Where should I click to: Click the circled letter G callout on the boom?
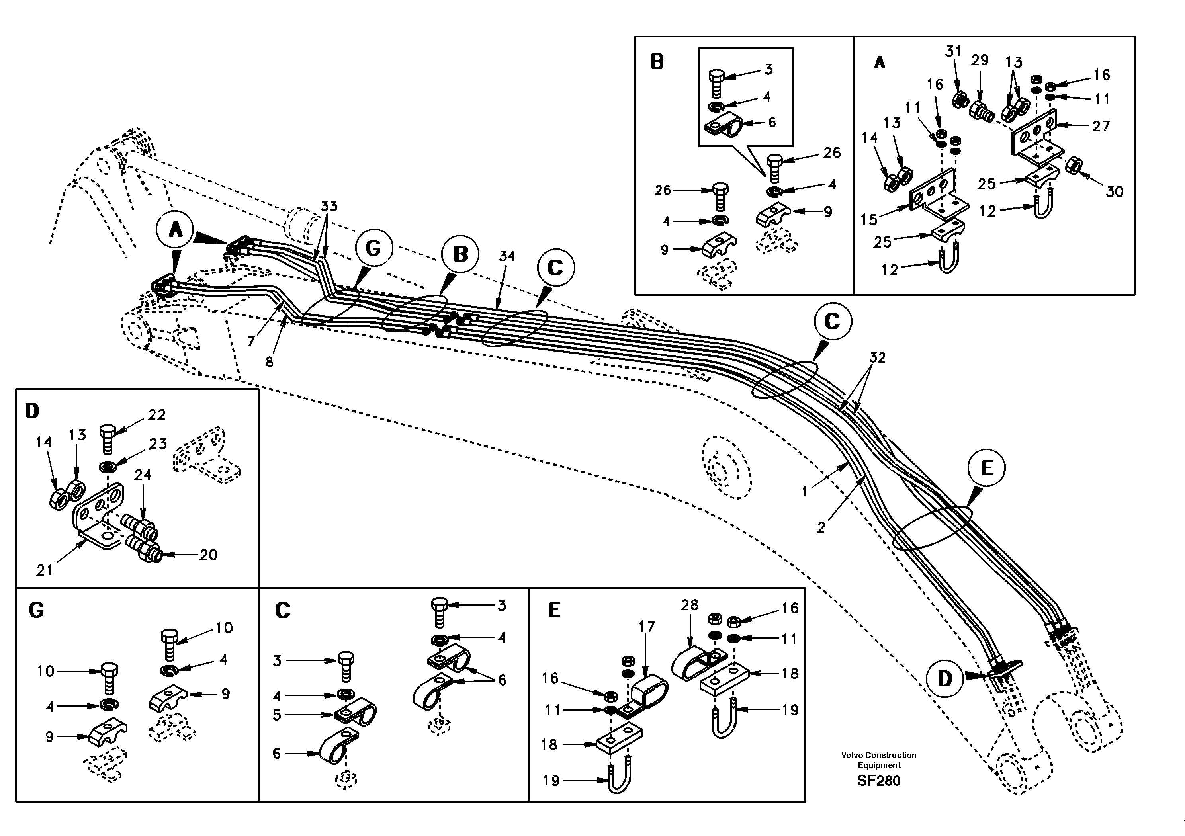pyautogui.click(x=373, y=248)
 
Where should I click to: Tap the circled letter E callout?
pyautogui.click(x=986, y=469)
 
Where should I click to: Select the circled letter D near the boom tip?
pyautogui.click(x=944, y=679)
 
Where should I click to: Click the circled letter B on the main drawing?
pyautogui.click(x=460, y=254)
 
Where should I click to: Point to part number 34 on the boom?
pyautogui.click(x=507, y=256)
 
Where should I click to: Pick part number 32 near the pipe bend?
pyautogui.click(x=877, y=357)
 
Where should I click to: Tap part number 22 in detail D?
pyautogui.click(x=156, y=415)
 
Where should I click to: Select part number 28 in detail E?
pyautogui.click(x=690, y=605)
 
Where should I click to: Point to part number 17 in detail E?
pyautogui.click(x=646, y=627)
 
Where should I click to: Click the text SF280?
pyautogui.click(x=878, y=781)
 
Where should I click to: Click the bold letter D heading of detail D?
pyautogui.click(x=32, y=411)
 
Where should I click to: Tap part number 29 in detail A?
pyautogui.click(x=980, y=61)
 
